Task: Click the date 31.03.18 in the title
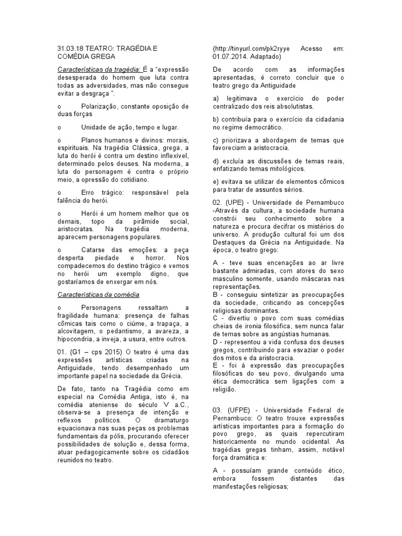pyautogui.click(x=71, y=49)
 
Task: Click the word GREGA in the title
pyautogui.click(x=102, y=57)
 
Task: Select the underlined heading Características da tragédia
pyautogui.click(x=98, y=70)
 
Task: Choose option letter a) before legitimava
pyautogui.click(x=216, y=98)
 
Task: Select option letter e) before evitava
pyautogui.click(x=216, y=182)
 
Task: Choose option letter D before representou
pyautogui.click(x=216, y=342)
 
